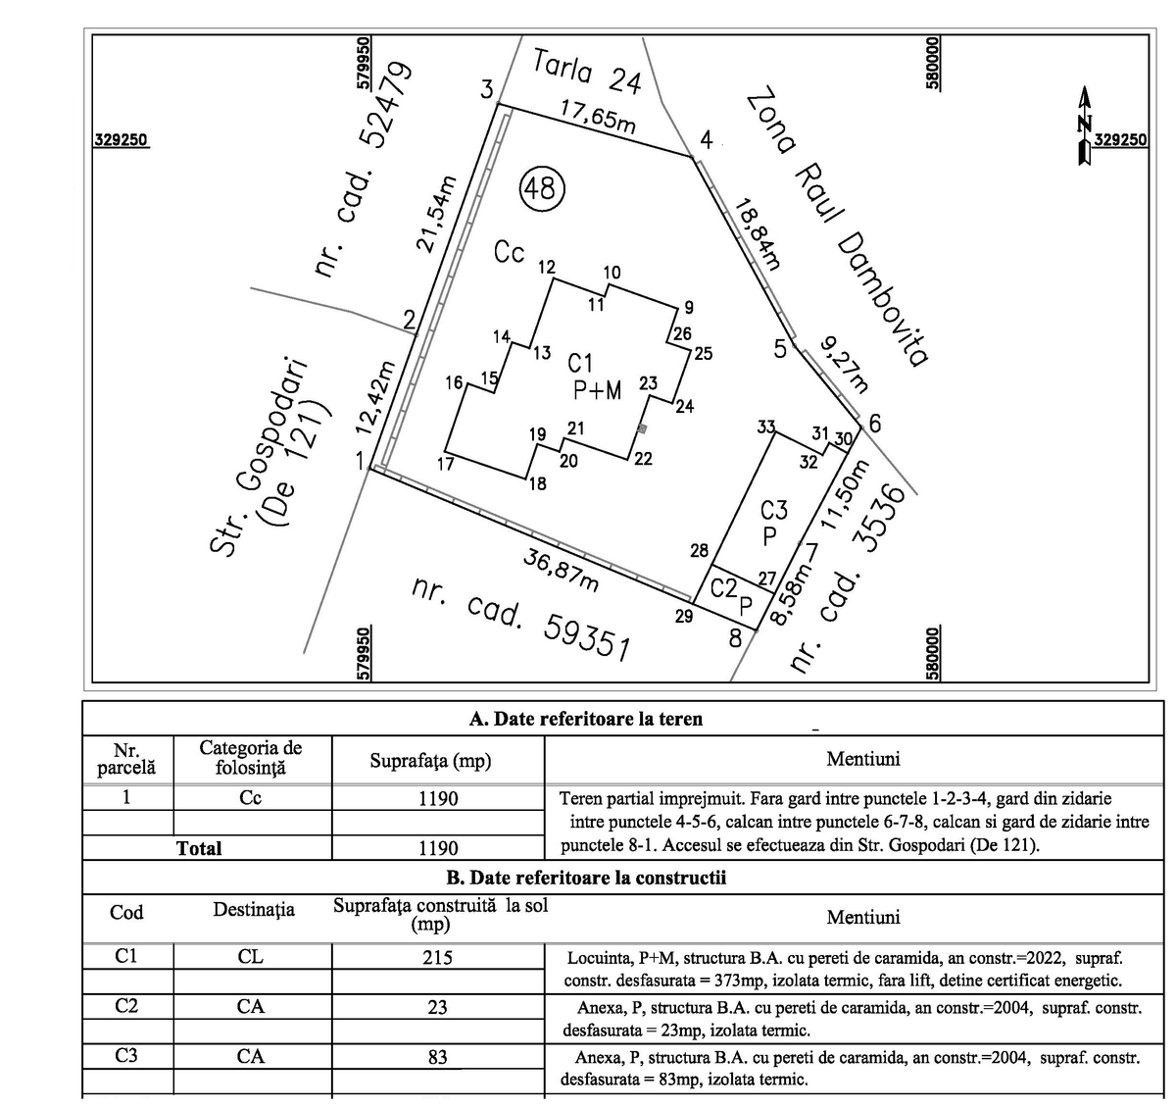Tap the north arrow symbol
point(1084,126)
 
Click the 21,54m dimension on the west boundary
point(438,214)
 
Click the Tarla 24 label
point(586,72)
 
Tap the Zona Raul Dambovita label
point(836,227)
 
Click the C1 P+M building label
point(597,377)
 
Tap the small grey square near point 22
point(642,428)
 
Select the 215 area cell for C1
point(437,957)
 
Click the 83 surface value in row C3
point(437,1057)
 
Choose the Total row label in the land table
point(199,848)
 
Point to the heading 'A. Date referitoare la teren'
point(585,719)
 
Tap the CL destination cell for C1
point(251,957)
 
